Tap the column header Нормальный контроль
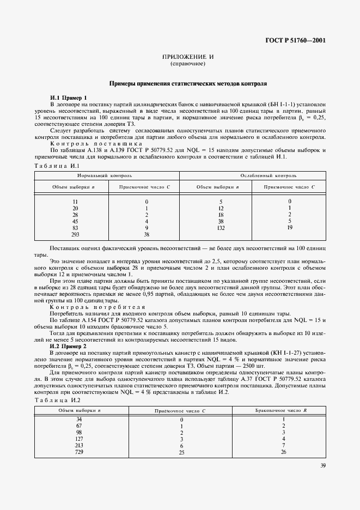pos(105,176)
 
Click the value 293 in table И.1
pos(75,234)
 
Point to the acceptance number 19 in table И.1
pos(289,227)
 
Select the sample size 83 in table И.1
pos(75,227)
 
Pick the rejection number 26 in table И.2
pos(284,452)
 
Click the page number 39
pos(323,481)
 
